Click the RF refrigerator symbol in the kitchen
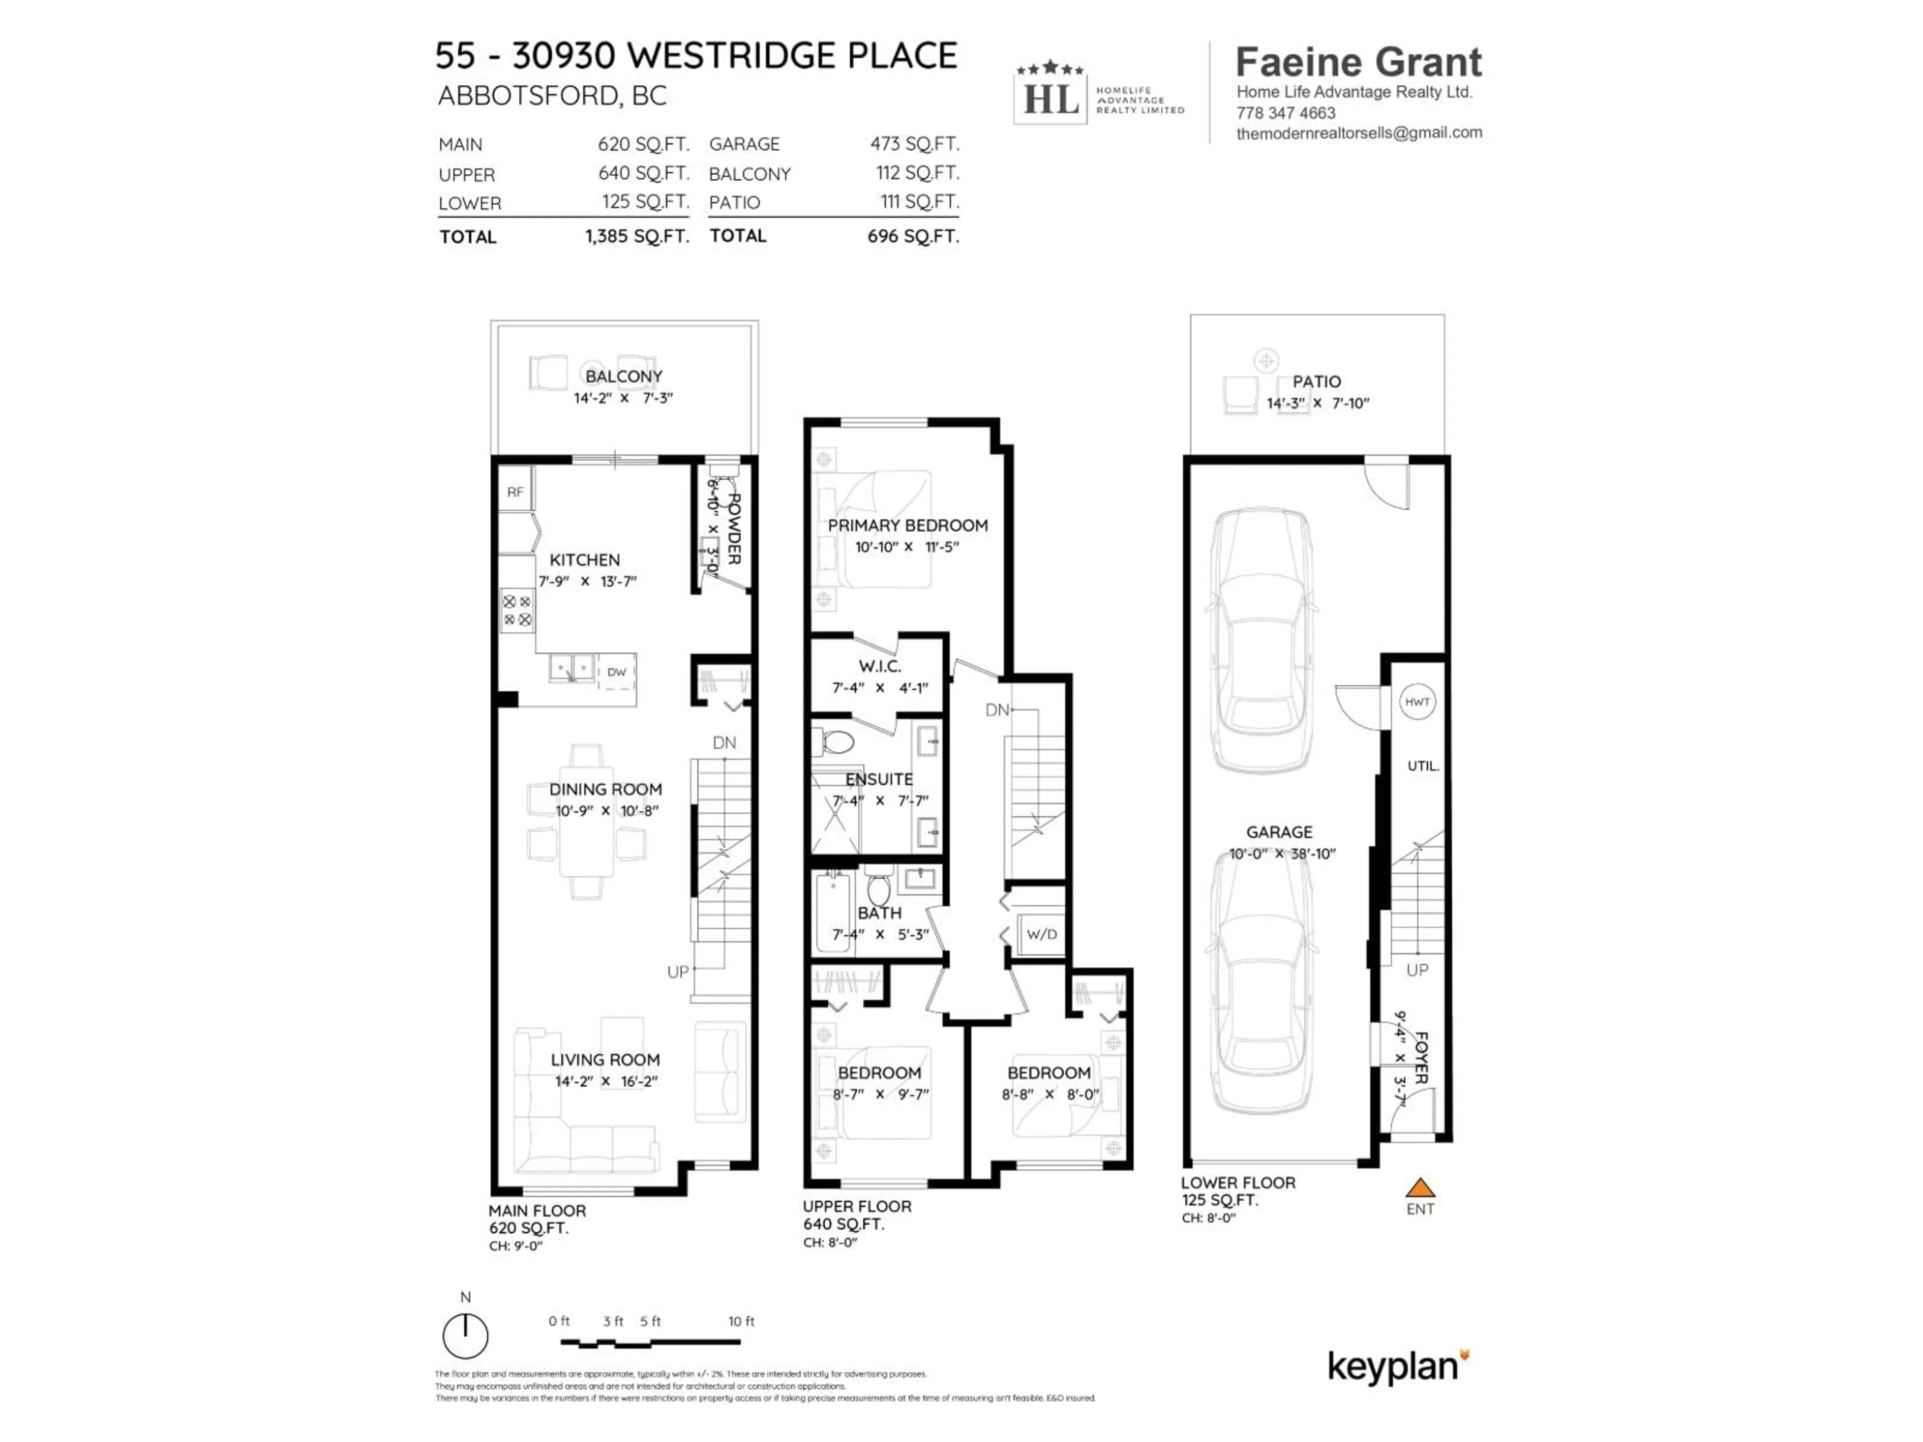pyautogui.click(x=515, y=492)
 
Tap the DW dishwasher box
pyautogui.click(x=616, y=672)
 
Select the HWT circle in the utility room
pyautogui.click(x=1417, y=701)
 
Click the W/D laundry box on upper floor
pyautogui.click(x=1042, y=934)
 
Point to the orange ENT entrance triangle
pyautogui.click(x=1420, y=1188)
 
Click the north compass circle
pyautogui.click(x=465, y=1336)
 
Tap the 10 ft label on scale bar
pyautogui.click(x=741, y=1321)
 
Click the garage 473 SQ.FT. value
pyautogui.click(x=914, y=143)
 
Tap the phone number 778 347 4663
pyautogui.click(x=1286, y=113)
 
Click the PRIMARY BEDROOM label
pyautogui.click(x=907, y=525)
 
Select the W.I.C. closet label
pyautogui.click(x=880, y=666)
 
